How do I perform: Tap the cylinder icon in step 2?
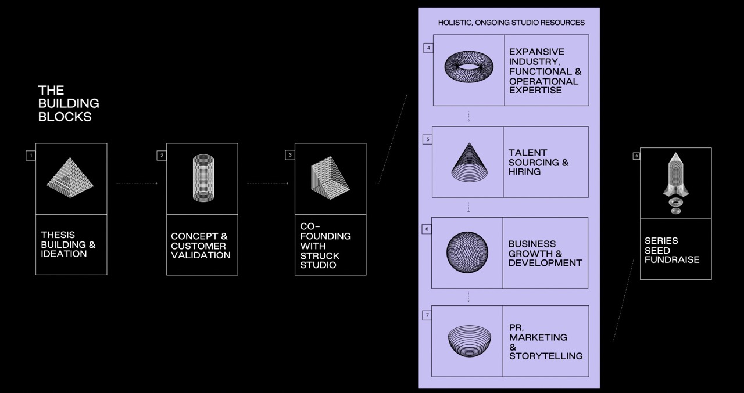pos(203,178)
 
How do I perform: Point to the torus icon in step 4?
pos(468,69)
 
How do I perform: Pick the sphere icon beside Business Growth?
pos(467,253)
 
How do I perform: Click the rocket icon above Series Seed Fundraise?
pos(675,182)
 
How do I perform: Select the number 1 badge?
pos(31,156)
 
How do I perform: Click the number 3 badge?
pos(290,156)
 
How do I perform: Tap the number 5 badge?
pos(428,139)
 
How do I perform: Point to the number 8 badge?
pos(636,156)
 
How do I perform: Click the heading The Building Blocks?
pos(68,103)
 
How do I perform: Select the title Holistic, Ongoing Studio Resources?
pos(512,23)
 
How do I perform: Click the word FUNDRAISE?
pos(672,259)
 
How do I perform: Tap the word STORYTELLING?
pos(546,356)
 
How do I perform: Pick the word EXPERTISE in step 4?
pos(535,91)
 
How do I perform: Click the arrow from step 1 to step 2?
pos(137,183)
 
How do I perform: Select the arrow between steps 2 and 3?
pos(267,183)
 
